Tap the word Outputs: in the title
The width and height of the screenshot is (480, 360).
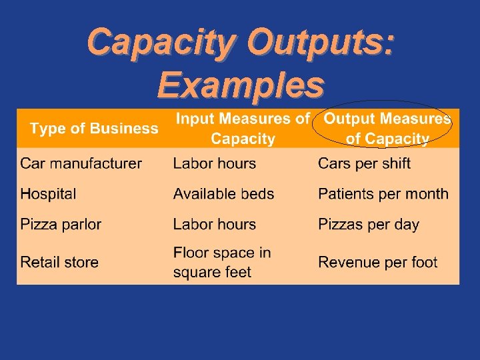320,43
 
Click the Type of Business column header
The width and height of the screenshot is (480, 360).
94,129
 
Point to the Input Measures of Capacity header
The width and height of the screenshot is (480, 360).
243,129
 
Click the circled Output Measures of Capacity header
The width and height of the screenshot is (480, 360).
387,129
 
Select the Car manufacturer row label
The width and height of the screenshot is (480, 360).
81,163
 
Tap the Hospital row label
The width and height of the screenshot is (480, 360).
48,194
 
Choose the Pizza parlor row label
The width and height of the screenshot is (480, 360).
61,224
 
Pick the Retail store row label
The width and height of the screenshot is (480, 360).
59,262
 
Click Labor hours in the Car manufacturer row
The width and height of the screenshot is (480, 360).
214,163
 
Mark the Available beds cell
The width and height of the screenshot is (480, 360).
223,194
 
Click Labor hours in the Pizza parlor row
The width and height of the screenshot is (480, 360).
214,224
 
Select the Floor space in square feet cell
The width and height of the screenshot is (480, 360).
222,262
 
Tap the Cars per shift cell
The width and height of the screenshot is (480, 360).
364,163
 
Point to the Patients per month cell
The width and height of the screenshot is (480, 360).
383,194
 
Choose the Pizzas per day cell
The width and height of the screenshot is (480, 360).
369,224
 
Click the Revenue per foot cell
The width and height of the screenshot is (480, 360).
377,262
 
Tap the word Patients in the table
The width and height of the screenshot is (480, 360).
345,194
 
